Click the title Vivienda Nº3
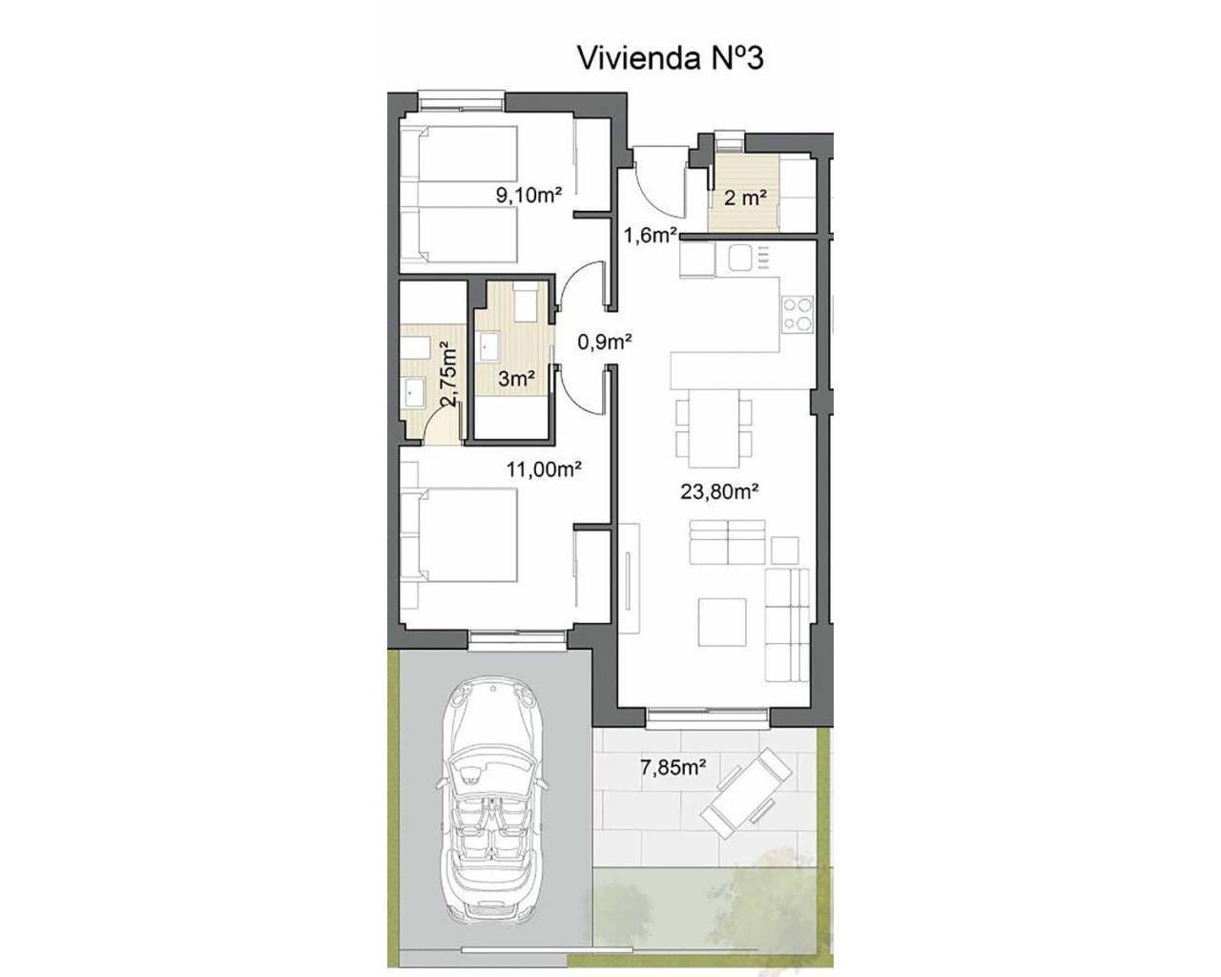click(670, 59)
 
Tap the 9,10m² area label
click(528, 196)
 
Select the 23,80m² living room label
click(720, 491)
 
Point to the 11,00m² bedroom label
click(544, 468)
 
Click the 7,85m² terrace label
click(673, 767)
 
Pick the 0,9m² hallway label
click(605, 342)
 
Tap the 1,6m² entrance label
click(651, 235)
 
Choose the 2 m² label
click(746, 197)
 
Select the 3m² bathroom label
click(517, 378)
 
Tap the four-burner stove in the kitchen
click(797, 313)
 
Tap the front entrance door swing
click(658, 183)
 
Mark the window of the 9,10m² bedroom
click(462, 101)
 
